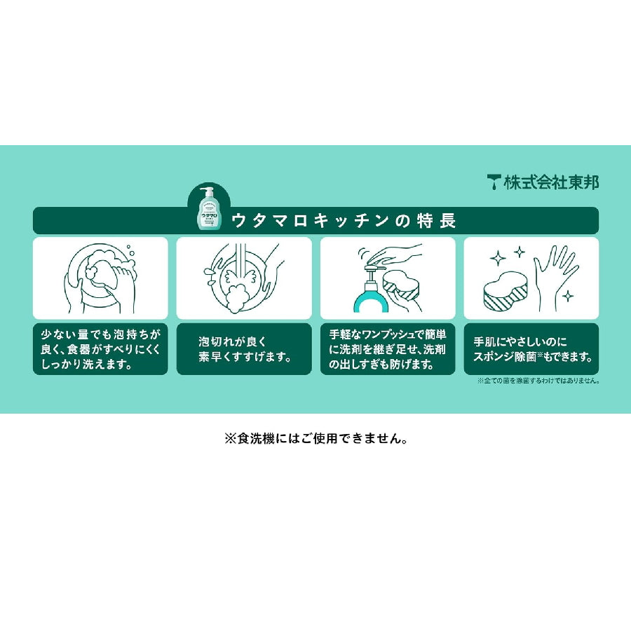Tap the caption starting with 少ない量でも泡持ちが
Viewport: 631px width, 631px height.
[100, 349]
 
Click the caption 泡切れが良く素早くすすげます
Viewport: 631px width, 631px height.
[244, 349]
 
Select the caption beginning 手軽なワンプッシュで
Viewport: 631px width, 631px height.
[388, 349]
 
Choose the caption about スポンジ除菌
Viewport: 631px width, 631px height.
[531, 349]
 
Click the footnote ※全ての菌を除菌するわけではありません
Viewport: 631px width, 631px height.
[538, 381]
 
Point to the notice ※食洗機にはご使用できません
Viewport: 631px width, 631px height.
[315, 439]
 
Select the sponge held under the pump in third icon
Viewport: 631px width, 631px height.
[404, 283]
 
